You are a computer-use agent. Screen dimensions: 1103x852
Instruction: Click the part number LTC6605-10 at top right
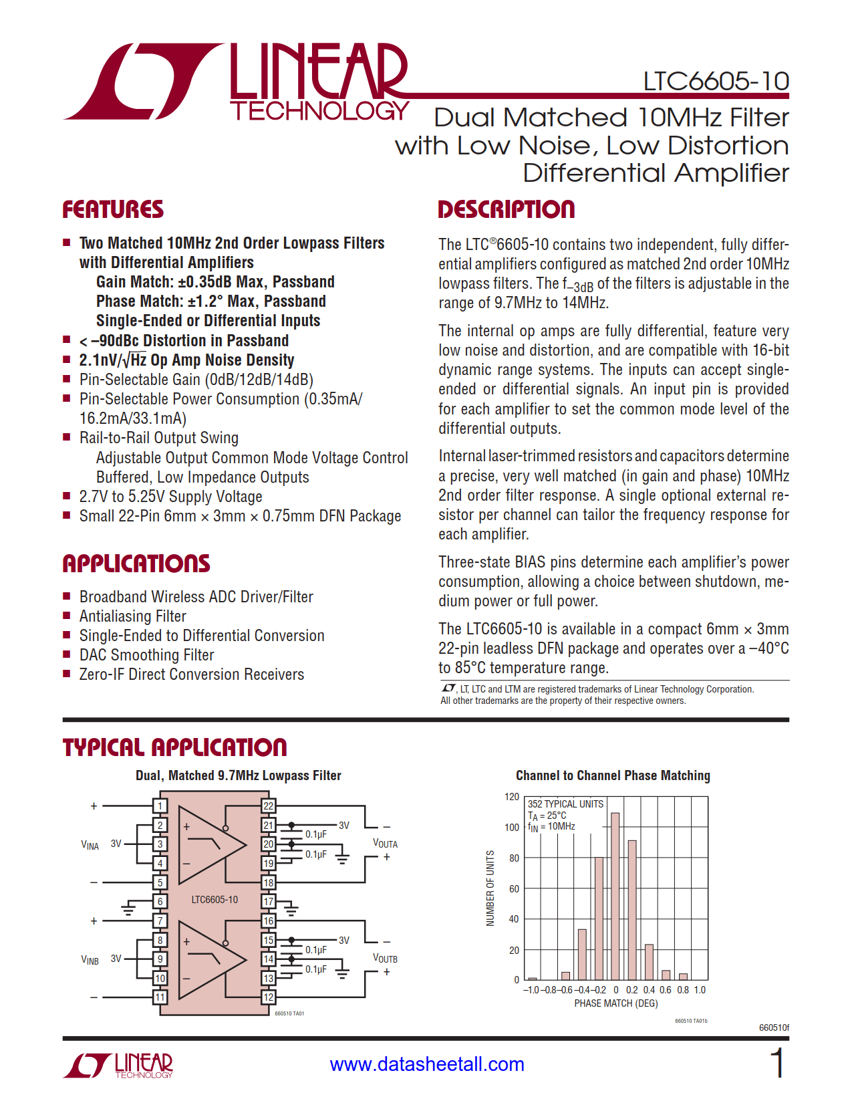pos(716,82)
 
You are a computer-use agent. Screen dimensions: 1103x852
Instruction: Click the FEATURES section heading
pos(113,210)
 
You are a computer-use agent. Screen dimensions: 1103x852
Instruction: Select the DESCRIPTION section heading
pos(506,210)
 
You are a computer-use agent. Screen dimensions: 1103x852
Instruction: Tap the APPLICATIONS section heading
pos(136,564)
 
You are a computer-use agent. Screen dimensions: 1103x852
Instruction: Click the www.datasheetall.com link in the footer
pos(427,1064)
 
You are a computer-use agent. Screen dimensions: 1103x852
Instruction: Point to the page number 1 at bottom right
pos(776,1064)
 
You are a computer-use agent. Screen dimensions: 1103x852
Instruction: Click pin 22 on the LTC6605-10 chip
pos(268,806)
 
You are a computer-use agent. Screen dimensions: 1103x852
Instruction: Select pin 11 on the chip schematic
pos(160,997)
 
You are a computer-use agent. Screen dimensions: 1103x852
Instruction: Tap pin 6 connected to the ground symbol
pos(160,902)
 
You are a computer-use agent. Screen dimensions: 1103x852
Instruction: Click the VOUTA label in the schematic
pos(385,844)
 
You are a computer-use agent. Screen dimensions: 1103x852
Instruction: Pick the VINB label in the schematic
pos(90,960)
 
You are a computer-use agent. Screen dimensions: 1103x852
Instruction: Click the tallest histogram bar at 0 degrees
pos(615,896)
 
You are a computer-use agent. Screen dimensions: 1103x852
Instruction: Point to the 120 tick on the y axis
pos(512,797)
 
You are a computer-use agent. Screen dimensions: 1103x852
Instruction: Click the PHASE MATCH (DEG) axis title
pos(615,1003)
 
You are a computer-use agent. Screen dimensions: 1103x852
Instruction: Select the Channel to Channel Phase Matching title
pos(613,775)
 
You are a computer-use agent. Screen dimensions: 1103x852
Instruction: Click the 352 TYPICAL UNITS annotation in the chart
pos(565,804)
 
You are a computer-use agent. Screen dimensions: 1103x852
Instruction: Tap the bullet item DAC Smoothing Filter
pos(146,655)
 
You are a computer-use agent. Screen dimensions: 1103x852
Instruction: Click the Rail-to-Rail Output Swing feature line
pos(158,438)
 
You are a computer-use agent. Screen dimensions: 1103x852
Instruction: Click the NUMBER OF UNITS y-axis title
pos(490,888)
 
